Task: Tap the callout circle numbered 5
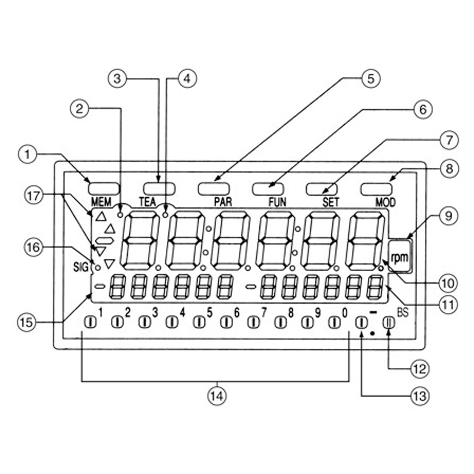coord(372,78)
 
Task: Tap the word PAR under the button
coord(222,202)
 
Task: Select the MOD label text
coord(385,202)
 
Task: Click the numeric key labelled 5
coord(198,322)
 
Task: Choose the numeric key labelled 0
coord(335,322)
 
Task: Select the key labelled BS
coord(389,322)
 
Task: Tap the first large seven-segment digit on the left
coord(140,240)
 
